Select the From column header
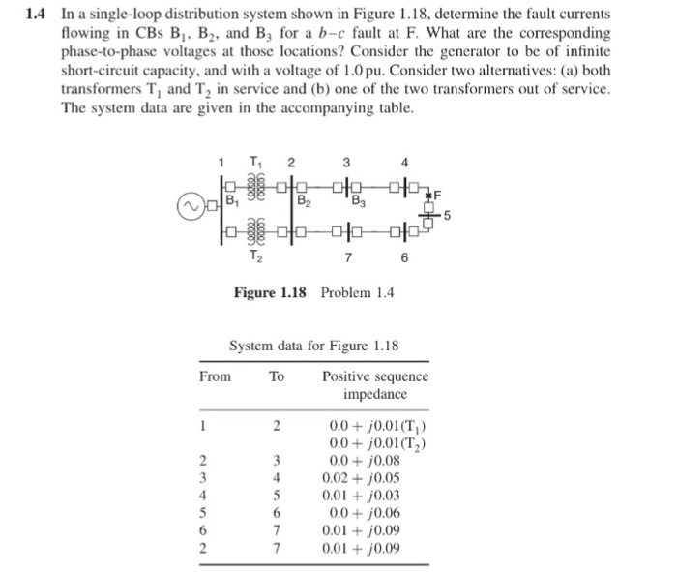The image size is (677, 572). click(215, 376)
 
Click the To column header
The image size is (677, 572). click(277, 376)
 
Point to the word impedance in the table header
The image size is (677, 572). click(375, 395)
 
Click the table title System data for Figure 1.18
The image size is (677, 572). click(313, 345)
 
